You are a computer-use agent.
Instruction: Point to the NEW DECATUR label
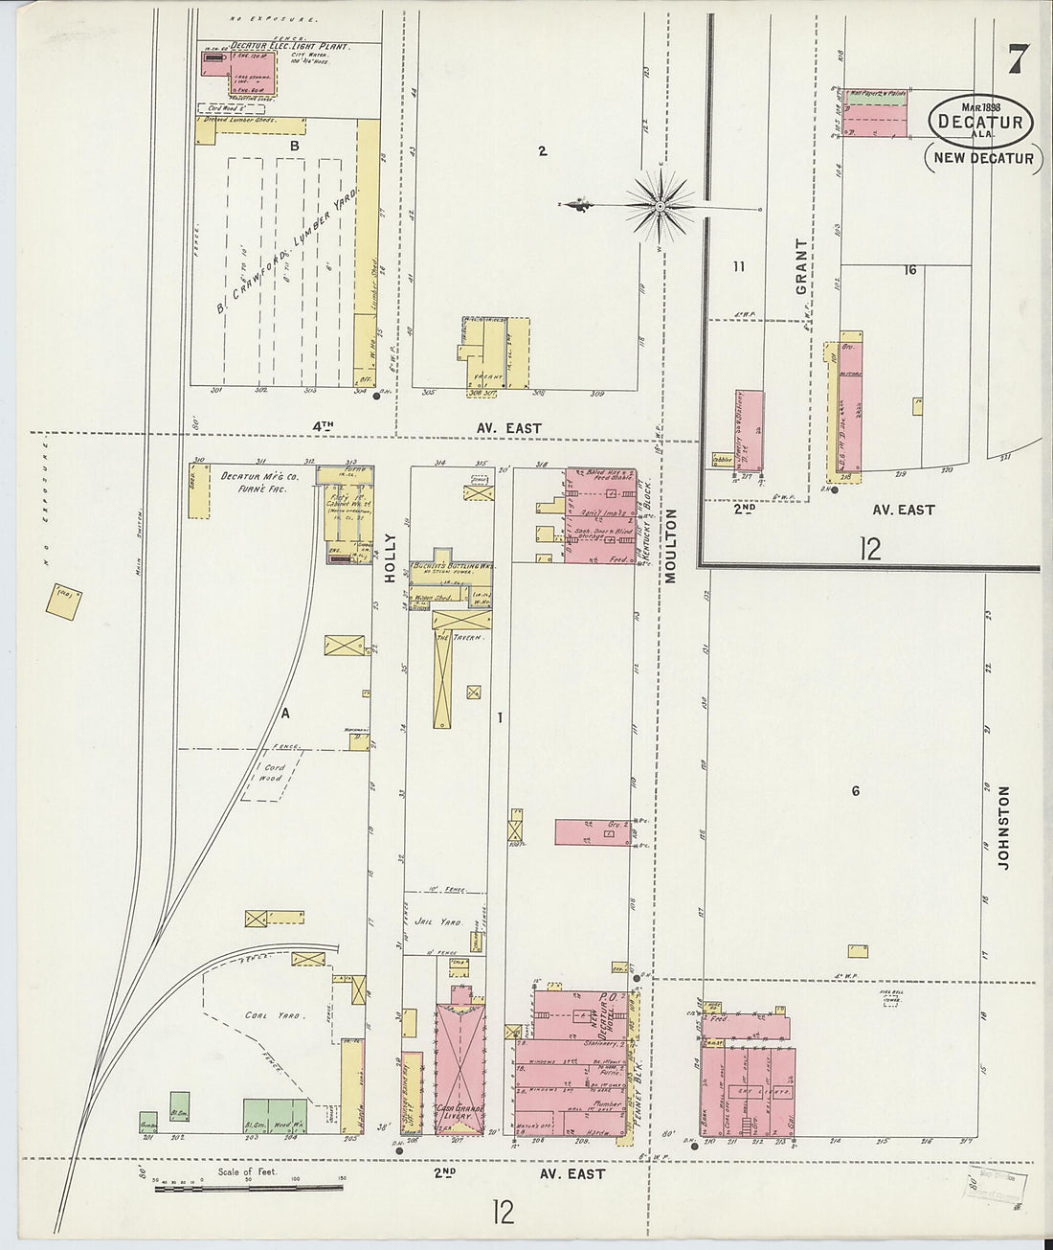[x=982, y=158]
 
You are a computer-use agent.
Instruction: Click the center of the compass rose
[x=661, y=205]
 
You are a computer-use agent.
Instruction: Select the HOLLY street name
[x=390, y=557]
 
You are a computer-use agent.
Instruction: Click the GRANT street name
[x=801, y=265]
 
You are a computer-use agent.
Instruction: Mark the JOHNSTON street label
[x=1003, y=828]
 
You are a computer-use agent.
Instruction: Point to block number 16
[x=909, y=270]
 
